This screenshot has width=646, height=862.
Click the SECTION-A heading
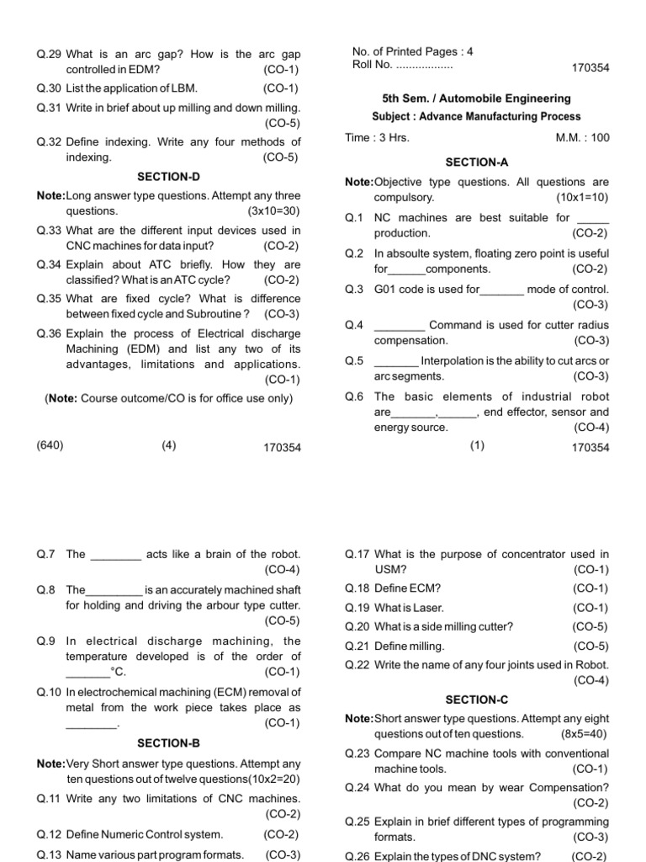coord(476,162)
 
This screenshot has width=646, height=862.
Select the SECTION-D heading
coord(168,177)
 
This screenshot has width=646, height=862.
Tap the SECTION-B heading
coord(168,743)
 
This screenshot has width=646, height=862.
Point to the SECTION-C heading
coord(476,700)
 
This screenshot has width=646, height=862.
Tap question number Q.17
coord(357,554)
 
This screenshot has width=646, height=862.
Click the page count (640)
coord(50,446)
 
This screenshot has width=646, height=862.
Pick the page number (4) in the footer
coord(169,446)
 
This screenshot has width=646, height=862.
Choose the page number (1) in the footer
coord(477,447)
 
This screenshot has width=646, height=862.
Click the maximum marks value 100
coord(600,138)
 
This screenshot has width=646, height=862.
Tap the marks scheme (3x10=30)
coord(273,210)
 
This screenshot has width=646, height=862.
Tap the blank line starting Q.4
coord(399,325)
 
